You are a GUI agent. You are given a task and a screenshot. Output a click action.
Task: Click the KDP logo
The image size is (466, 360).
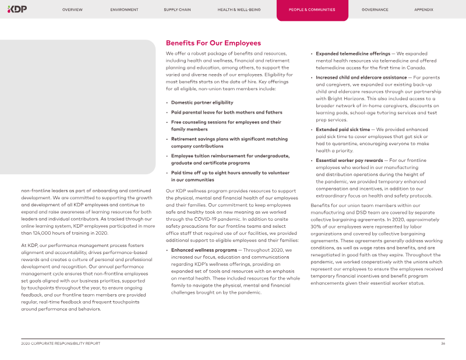click(17, 9)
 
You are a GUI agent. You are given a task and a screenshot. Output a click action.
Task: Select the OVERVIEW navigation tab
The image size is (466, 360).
click(72, 10)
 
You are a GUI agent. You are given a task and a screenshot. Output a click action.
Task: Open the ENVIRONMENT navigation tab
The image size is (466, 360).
click(124, 10)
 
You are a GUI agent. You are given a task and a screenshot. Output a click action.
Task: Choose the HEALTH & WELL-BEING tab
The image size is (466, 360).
click(239, 10)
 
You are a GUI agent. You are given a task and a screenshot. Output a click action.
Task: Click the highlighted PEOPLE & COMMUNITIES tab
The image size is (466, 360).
click(312, 10)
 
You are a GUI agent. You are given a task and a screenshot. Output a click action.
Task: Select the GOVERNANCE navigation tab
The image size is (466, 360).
click(375, 10)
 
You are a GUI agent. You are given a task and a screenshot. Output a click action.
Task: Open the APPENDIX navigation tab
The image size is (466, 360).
click(423, 10)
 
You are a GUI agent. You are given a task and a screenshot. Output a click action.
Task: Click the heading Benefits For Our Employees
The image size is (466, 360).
click(213, 43)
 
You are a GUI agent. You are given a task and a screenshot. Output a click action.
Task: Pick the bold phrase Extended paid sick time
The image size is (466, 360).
click(343, 129)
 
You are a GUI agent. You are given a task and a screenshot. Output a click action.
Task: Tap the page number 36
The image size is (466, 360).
click(443, 344)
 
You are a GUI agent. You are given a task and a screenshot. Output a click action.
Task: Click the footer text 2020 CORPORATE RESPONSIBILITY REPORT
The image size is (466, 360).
click(57, 344)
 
